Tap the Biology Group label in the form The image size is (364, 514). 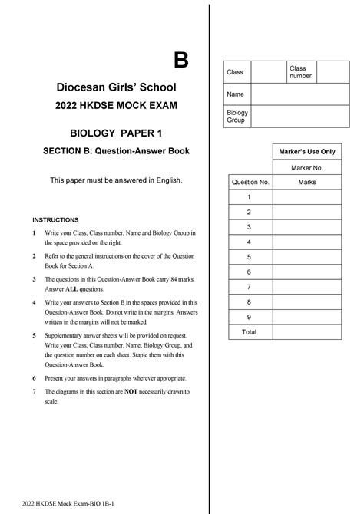(x=237, y=117)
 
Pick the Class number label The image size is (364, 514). (x=297, y=73)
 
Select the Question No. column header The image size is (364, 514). (x=249, y=183)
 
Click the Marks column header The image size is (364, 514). (x=307, y=183)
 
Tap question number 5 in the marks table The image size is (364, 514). (x=249, y=257)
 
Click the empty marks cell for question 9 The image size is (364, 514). (x=307, y=317)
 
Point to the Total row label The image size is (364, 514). (x=249, y=332)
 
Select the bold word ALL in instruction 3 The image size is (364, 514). (x=71, y=290)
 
